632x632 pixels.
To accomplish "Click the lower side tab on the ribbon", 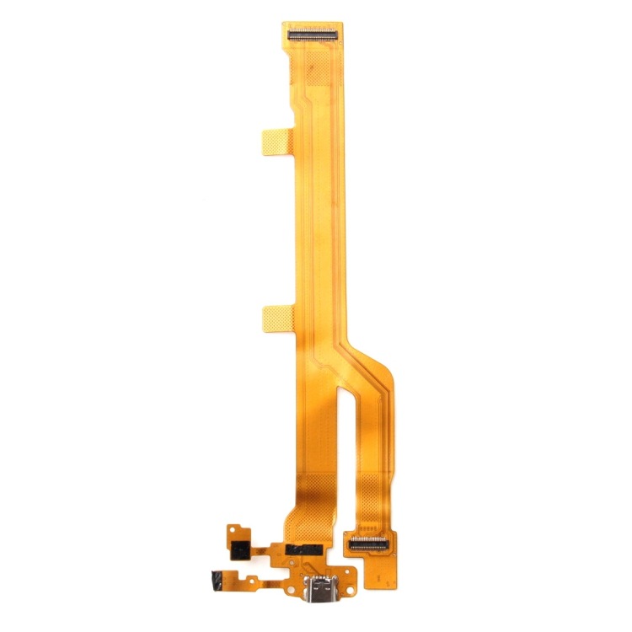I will pos(275,319).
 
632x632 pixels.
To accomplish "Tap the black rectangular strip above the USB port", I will pos(305,549).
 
